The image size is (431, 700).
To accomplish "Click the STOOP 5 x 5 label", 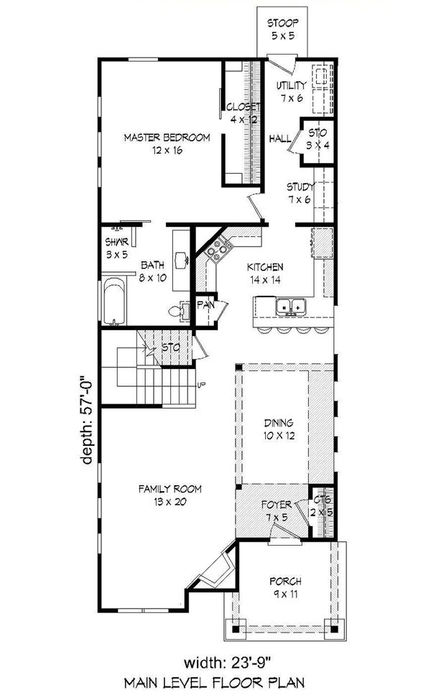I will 283,28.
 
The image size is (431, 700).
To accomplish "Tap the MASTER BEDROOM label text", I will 166,144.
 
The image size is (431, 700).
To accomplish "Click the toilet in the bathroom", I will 176,311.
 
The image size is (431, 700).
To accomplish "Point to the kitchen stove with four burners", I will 217,250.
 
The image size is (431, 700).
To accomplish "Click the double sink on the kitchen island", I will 291,307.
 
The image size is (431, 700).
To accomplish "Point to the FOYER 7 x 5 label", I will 275,511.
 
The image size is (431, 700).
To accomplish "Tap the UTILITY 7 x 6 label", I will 292,92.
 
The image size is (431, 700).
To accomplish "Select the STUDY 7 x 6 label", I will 300,192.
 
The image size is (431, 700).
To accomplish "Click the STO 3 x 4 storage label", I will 318,139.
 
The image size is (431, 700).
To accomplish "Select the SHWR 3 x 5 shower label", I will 117,247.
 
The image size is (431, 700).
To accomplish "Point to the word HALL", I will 279,139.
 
